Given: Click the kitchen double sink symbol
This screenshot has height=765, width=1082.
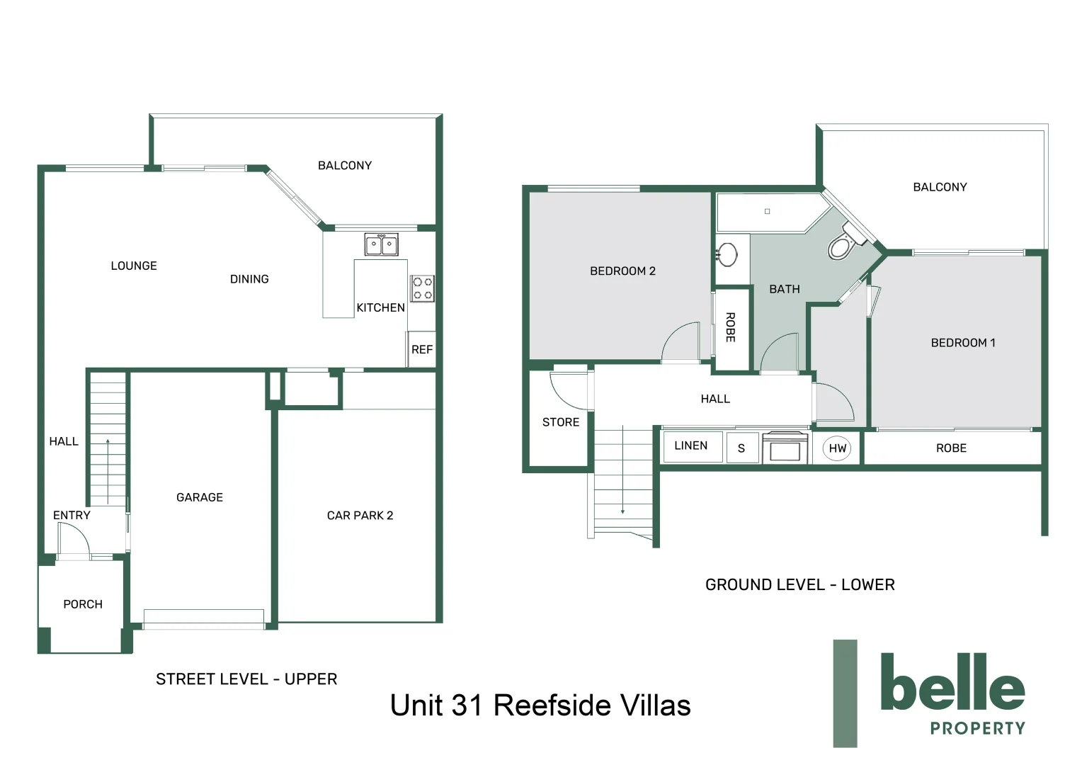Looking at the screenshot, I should coord(381,244).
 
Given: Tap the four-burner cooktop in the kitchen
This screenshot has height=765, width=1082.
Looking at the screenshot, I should coord(423,289).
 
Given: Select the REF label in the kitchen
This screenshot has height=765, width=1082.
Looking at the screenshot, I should coord(422,350).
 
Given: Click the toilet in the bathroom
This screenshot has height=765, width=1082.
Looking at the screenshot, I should coord(843,244).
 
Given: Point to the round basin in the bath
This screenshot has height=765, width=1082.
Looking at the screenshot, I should coord(727,254).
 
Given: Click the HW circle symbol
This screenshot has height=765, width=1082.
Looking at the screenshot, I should coord(837,448).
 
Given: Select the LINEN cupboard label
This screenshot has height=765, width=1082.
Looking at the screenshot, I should coord(690,446).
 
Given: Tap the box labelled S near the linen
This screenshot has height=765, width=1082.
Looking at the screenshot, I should coord(741,448).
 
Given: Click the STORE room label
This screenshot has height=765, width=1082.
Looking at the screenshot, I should coord(560,422).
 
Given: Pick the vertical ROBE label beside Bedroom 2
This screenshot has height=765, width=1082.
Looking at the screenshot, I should coord(730,327).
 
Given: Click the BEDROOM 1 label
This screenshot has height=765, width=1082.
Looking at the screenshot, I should coord(962,343).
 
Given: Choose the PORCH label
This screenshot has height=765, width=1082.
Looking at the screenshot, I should coord(83,604).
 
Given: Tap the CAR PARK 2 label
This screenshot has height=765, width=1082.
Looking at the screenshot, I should coord(360,516).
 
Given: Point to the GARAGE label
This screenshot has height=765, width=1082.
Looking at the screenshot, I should coord(199,497).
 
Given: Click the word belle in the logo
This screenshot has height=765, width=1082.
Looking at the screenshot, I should coord(952,683).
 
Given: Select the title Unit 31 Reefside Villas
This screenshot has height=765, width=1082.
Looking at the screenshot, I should coord(540,705).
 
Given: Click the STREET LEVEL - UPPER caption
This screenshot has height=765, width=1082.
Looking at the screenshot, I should coord(246,679).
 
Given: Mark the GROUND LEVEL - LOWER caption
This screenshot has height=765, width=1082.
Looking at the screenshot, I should coord(799,585).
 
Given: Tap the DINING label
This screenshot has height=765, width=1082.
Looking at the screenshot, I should coord(249,279).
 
